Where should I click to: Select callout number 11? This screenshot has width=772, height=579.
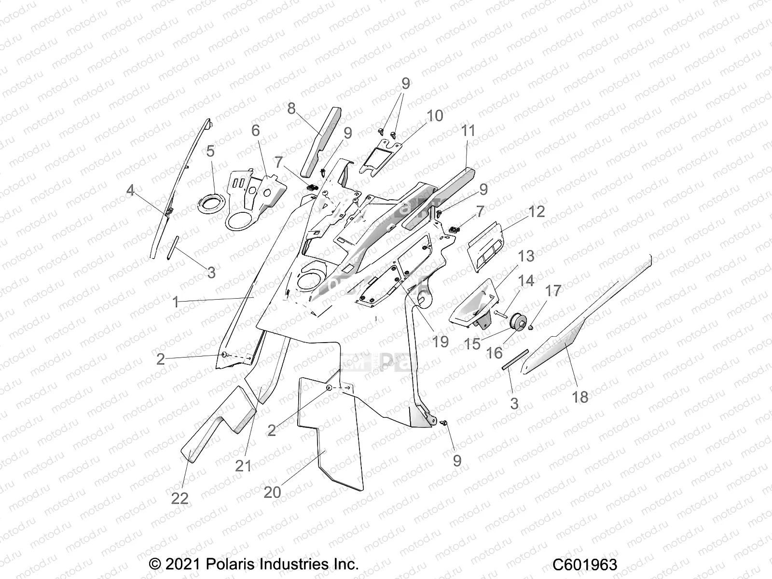[x=468, y=131]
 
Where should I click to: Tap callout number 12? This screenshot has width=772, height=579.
[x=537, y=211]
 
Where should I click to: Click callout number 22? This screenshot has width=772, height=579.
[x=179, y=497]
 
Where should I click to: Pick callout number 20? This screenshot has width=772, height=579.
[x=273, y=492]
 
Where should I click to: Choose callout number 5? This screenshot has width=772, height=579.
[x=210, y=152]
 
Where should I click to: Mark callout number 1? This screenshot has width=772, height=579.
[x=176, y=303]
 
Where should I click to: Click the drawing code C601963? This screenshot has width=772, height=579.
[x=584, y=565]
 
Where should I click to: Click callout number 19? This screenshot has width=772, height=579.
[x=440, y=342]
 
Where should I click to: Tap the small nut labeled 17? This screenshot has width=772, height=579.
[x=531, y=328]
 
